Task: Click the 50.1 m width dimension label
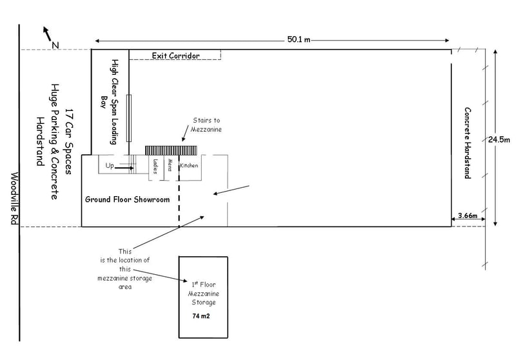(299, 39)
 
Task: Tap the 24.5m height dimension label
(499, 140)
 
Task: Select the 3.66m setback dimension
(468, 215)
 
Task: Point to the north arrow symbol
(47, 34)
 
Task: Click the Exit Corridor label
(176, 55)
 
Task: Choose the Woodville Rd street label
(14, 198)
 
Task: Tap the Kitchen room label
(189, 166)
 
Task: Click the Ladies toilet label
(155, 166)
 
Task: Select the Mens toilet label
(170, 165)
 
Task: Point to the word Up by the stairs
(110, 166)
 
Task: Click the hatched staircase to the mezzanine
(171, 150)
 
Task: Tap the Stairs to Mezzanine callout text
(206, 125)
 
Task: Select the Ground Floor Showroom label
(128, 199)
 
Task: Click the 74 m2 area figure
(201, 316)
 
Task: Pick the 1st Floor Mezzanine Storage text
(204, 294)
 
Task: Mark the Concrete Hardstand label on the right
(468, 143)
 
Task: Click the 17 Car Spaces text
(68, 141)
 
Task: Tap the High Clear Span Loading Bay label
(110, 102)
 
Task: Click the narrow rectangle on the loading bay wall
(129, 118)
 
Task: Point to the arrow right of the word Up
(124, 168)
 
